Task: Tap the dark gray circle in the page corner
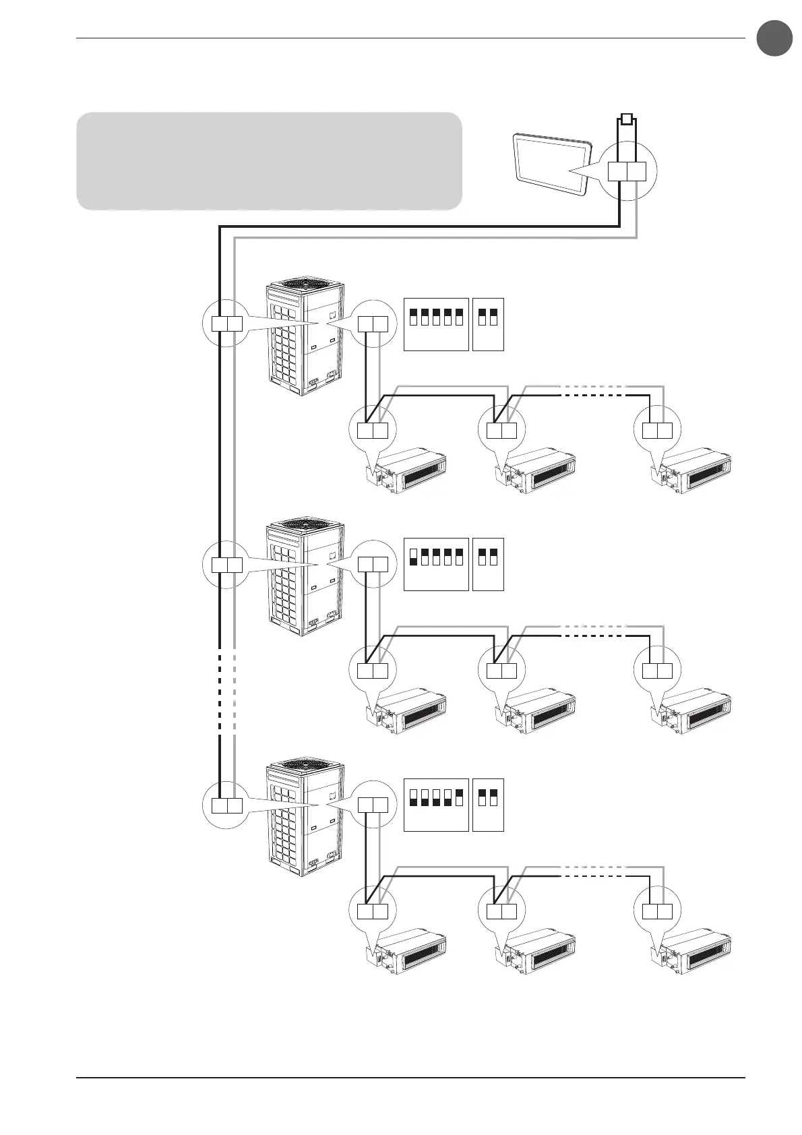pos(774,38)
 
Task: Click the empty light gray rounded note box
pos(269,161)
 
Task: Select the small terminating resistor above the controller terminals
pos(627,121)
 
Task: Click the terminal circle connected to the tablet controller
pos(627,171)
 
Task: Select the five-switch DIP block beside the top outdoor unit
pos(436,324)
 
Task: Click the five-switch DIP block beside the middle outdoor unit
pos(436,565)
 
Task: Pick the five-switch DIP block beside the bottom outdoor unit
pos(436,805)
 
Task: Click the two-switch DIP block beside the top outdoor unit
pos(489,324)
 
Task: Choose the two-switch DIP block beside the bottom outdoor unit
pos(489,805)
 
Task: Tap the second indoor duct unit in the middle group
pos(539,712)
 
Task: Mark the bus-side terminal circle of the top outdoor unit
pos(226,324)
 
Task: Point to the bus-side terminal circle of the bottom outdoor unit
pos(226,805)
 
